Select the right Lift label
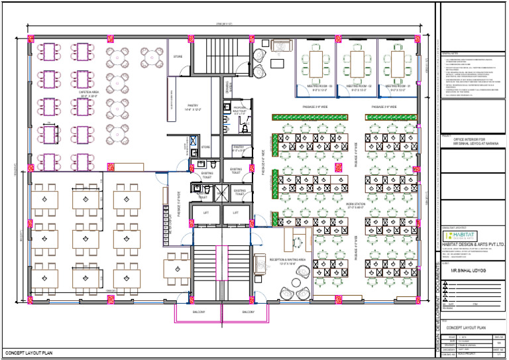(x=235, y=212)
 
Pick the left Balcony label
(x=199, y=312)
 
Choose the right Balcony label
(x=248, y=312)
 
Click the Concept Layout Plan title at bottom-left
(x=28, y=353)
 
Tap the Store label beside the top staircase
(x=178, y=58)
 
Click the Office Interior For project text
(x=472, y=140)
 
